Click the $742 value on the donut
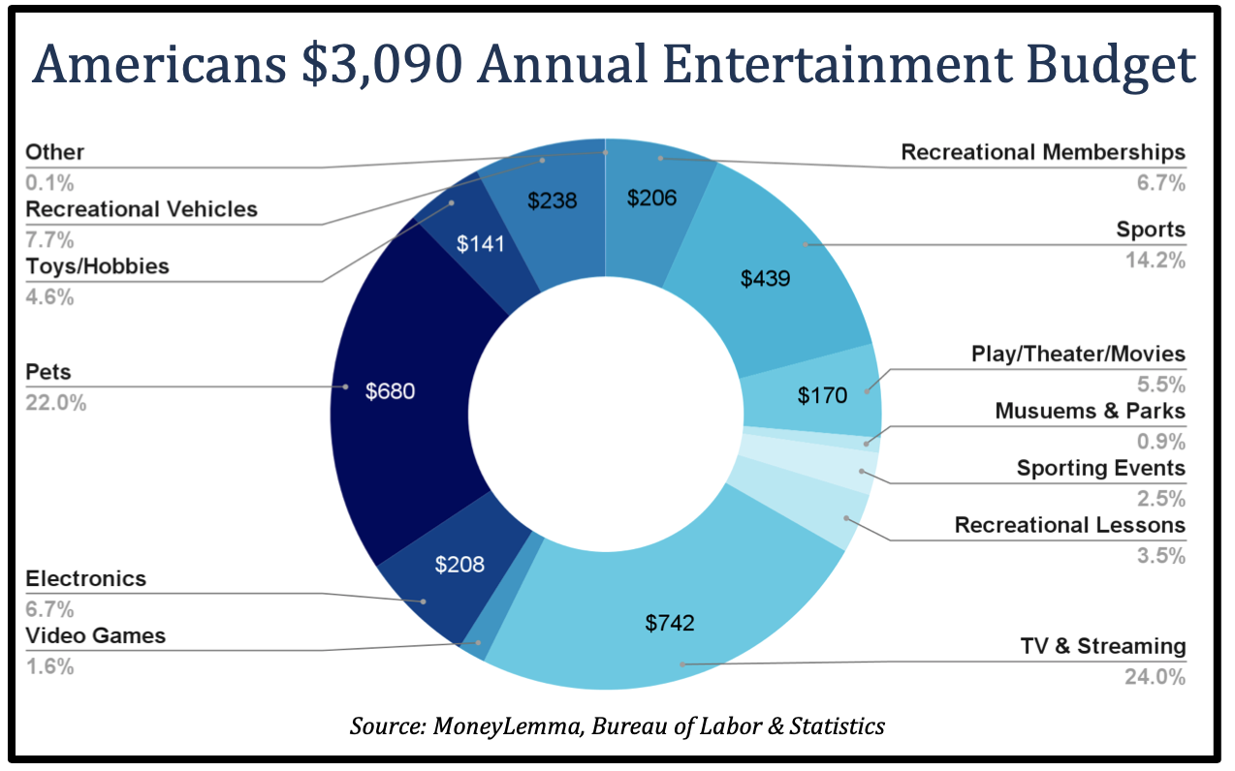pos(670,623)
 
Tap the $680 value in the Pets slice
pos(390,392)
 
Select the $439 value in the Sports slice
pos(766,279)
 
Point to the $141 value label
pos(481,244)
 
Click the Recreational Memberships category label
pos(1043,152)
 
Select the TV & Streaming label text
pos(1102,646)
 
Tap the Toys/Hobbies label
pos(97,266)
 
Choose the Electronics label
pos(85,579)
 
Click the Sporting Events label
pos(1100,469)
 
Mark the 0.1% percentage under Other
pos(49,182)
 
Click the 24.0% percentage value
pos(1155,676)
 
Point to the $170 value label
pos(822,395)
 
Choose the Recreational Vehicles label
pos(142,209)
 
